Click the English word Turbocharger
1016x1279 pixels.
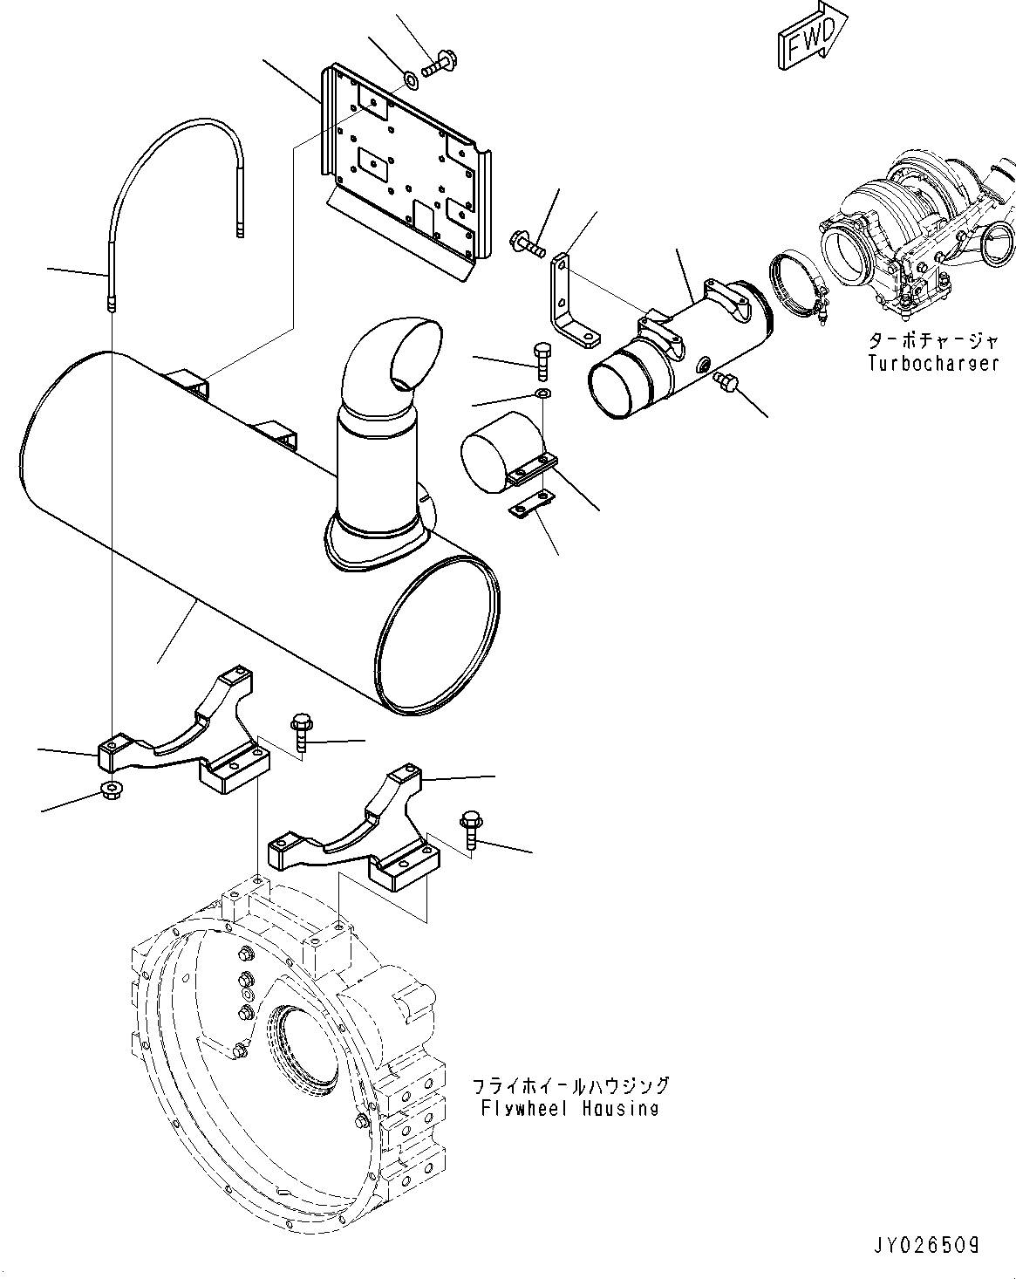click(x=932, y=363)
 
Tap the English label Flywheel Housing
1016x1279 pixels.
click(x=569, y=1108)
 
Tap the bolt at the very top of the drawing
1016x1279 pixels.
click(x=441, y=63)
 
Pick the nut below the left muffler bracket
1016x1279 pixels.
click(x=111, y=790)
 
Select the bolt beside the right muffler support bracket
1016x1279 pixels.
click(x=469, y=829)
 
